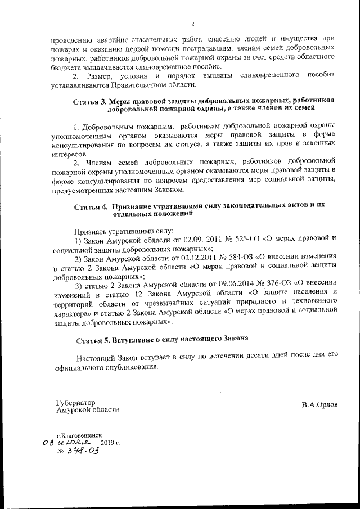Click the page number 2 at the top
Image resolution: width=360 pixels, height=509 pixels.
tap(192, 24)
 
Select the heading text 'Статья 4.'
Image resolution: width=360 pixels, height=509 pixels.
tap(92, 206)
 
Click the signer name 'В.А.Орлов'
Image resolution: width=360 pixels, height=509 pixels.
tap(319, 406)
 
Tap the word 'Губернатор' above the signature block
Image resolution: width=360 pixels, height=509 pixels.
tap(76, 402)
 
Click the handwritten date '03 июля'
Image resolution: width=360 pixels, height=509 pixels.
tap(67, 443)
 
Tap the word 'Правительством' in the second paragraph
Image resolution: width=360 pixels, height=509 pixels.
tap(136, 85)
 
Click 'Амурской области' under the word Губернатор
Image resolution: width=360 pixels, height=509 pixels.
tap(87, 410)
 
